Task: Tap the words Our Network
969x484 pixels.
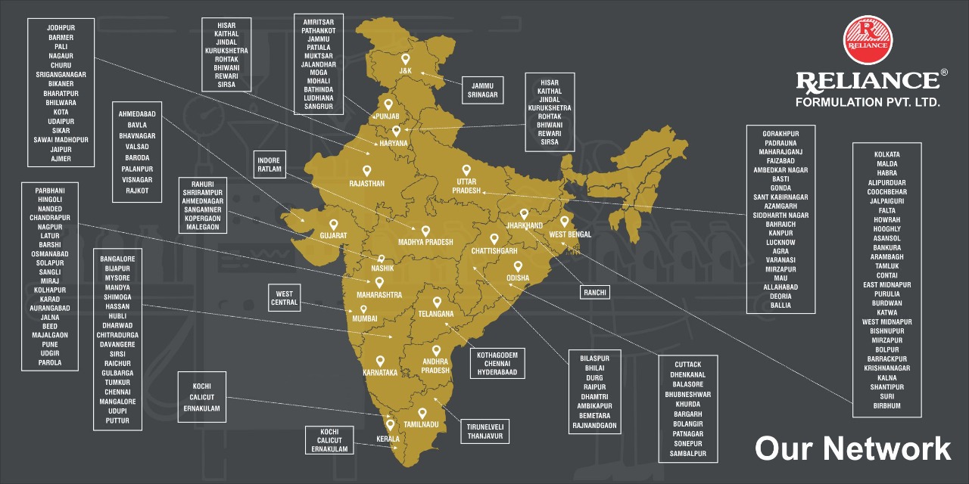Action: [x=852, y=448]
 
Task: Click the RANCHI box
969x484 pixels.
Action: [x=596, y=292]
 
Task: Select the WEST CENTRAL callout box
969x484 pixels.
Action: [x=284, y=297]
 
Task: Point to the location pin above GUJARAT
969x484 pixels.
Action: [x=334, y=225]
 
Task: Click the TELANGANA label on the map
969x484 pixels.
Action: [x=436, y=313]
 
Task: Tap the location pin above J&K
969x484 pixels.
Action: [x=406, y=59]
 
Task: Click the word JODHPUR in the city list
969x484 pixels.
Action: [x=60, y=28]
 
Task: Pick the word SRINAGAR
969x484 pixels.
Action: [x=482, y=95]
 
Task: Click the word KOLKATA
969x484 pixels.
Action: [x=886, y=154]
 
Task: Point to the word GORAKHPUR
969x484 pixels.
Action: [x=780, y=134]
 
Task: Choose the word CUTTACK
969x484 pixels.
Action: [x=687, y=365]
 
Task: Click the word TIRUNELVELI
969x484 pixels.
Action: [x=484, y=427]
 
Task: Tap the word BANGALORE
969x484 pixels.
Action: [x=117, y=259]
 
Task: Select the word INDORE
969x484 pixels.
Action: [x=269, y=160]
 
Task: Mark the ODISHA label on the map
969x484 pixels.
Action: [x=518, y=278]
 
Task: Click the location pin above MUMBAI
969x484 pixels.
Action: [x=363, y=310]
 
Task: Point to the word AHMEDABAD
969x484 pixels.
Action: [x=137, y=113]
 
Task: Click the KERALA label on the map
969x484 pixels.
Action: [x=388, y=439]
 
